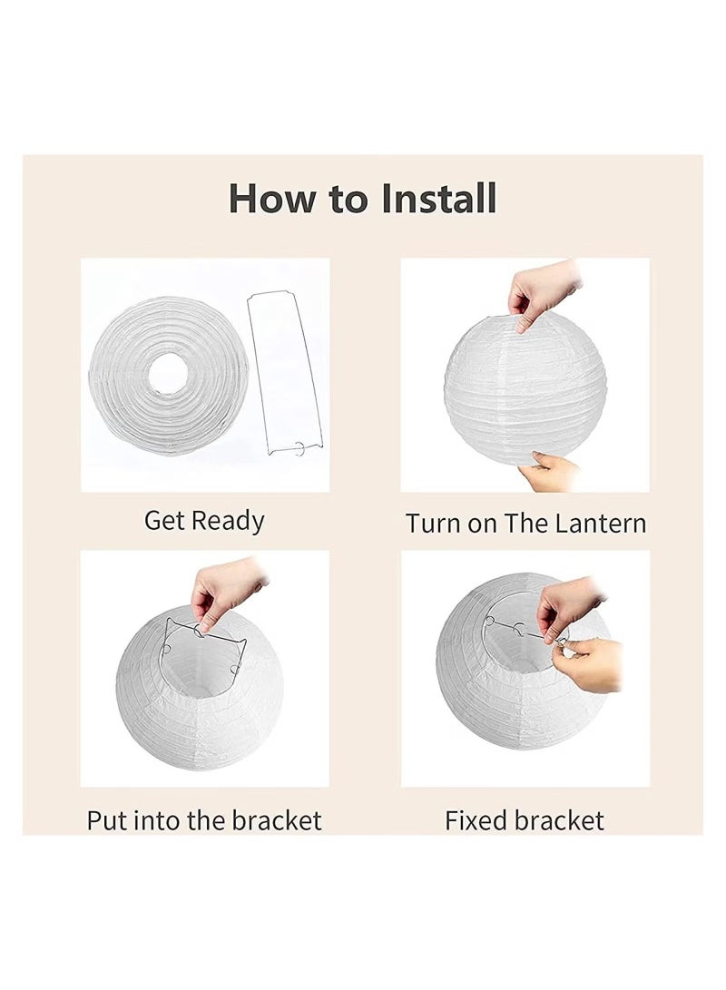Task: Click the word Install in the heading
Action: (438, 198)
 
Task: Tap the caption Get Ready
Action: (204, 522)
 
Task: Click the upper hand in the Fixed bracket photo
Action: (569, 607)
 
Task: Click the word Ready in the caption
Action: (228, 522)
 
